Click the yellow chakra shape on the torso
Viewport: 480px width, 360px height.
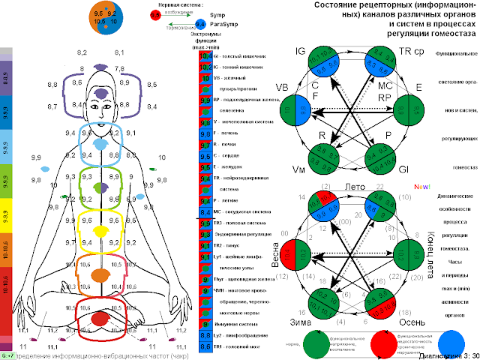point(99,231)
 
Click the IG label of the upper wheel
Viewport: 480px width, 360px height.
point(301,51)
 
